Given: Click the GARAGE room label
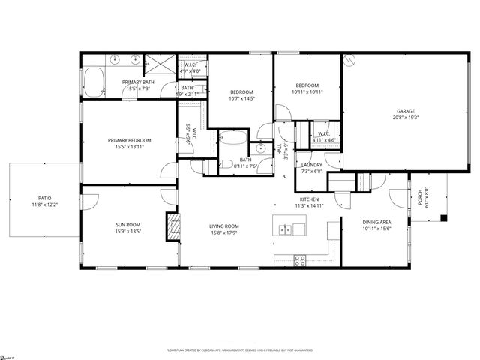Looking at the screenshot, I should pyautogui.click(x=405, y=111).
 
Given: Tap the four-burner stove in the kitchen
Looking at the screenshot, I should pyautogui.click(x=300, y=260).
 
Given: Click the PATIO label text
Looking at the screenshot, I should pyautogui.click(x=43, y=199).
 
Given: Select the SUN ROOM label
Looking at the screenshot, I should pyautogui.click(x=127, y=224).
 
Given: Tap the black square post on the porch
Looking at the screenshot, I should pyautogui.click(x=444, y=219).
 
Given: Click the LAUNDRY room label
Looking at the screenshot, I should pyautogui.click(x=311, y=165).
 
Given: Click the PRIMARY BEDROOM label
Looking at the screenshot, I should pyautogui.click(x=129, y=140).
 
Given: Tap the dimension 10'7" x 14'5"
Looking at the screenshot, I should pyautogui.click(x=241, y=98).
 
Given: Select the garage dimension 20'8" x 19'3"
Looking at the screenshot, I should pyautogui.click(x=405, y=117).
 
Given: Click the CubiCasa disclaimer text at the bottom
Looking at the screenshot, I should pyautogui.click(x=240, y=349).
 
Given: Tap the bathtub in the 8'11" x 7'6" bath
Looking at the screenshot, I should pyautogui.click(x=231, y=139).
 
